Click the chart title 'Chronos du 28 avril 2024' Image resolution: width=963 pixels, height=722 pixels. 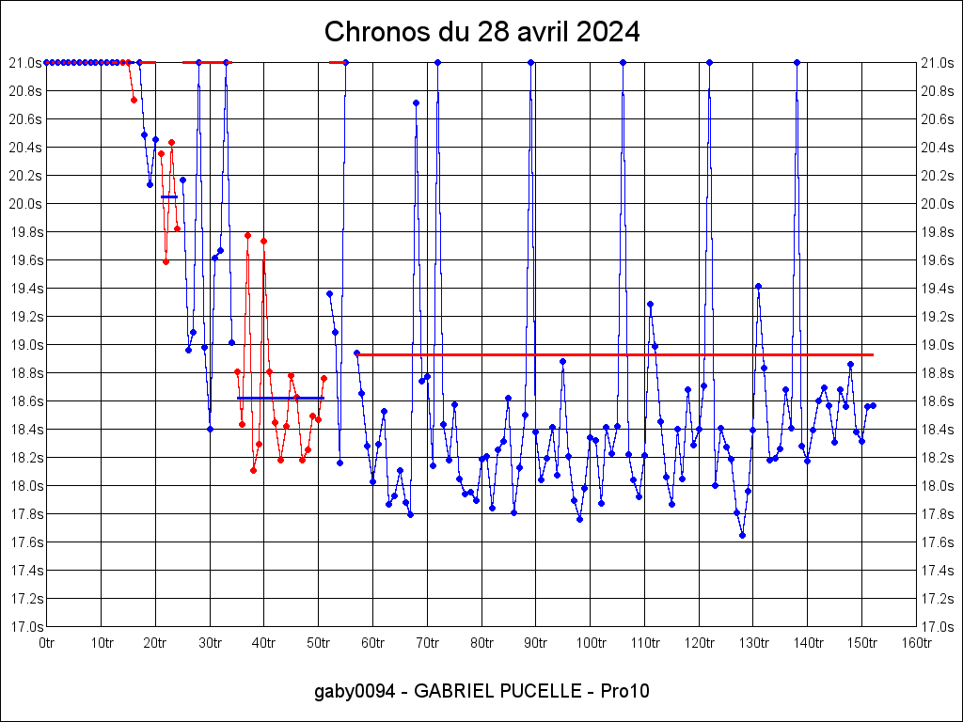[x=481, y=32]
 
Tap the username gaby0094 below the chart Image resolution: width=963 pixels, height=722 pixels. [x=352, y=692]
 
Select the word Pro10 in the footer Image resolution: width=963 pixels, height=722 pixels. [x=627, y=692]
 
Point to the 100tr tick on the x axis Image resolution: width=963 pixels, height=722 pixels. [x=590, y=643]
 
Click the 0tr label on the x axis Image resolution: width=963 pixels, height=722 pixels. [x=47, y=643]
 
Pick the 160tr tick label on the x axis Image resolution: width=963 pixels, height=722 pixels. [x=916, y=643]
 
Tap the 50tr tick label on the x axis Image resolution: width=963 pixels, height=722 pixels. [x=318, y=643]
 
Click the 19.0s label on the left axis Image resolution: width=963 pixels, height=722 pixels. [x=25, y=345]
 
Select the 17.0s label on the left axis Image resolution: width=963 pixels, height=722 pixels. [x=25, y=627]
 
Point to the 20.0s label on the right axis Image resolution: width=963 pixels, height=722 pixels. [x=938, y=204]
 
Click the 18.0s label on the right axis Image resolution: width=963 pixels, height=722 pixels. [x=938, y=486]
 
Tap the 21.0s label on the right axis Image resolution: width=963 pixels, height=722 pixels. [x=938, y=63]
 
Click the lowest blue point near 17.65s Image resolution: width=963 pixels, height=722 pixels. [x=742, y=535]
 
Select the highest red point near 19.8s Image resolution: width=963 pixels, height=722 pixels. [x=247, y=235]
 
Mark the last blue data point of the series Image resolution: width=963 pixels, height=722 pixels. [x=873, y=405]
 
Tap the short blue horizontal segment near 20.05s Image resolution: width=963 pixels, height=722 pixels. [x=169, y=196]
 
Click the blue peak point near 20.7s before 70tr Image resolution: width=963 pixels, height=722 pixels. [x=416, y=102]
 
